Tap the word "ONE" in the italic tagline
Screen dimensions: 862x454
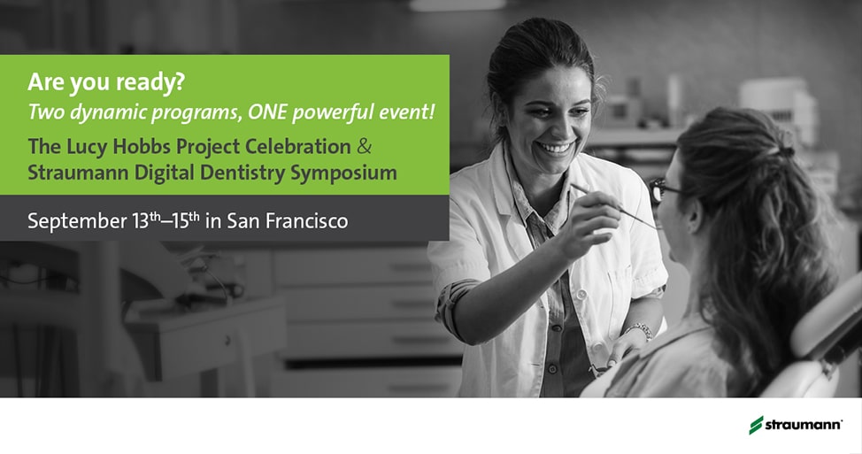[x=268, y=112]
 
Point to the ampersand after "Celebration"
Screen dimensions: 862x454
[x=364, y=147]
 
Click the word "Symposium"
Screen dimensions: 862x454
[x=343, y=173]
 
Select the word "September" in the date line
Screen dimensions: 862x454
[x=77, y=221]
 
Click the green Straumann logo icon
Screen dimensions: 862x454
[x=757, y=425]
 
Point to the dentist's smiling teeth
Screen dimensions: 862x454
[x=555, y=148]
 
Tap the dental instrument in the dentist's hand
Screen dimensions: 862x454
[x=616, y=205]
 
